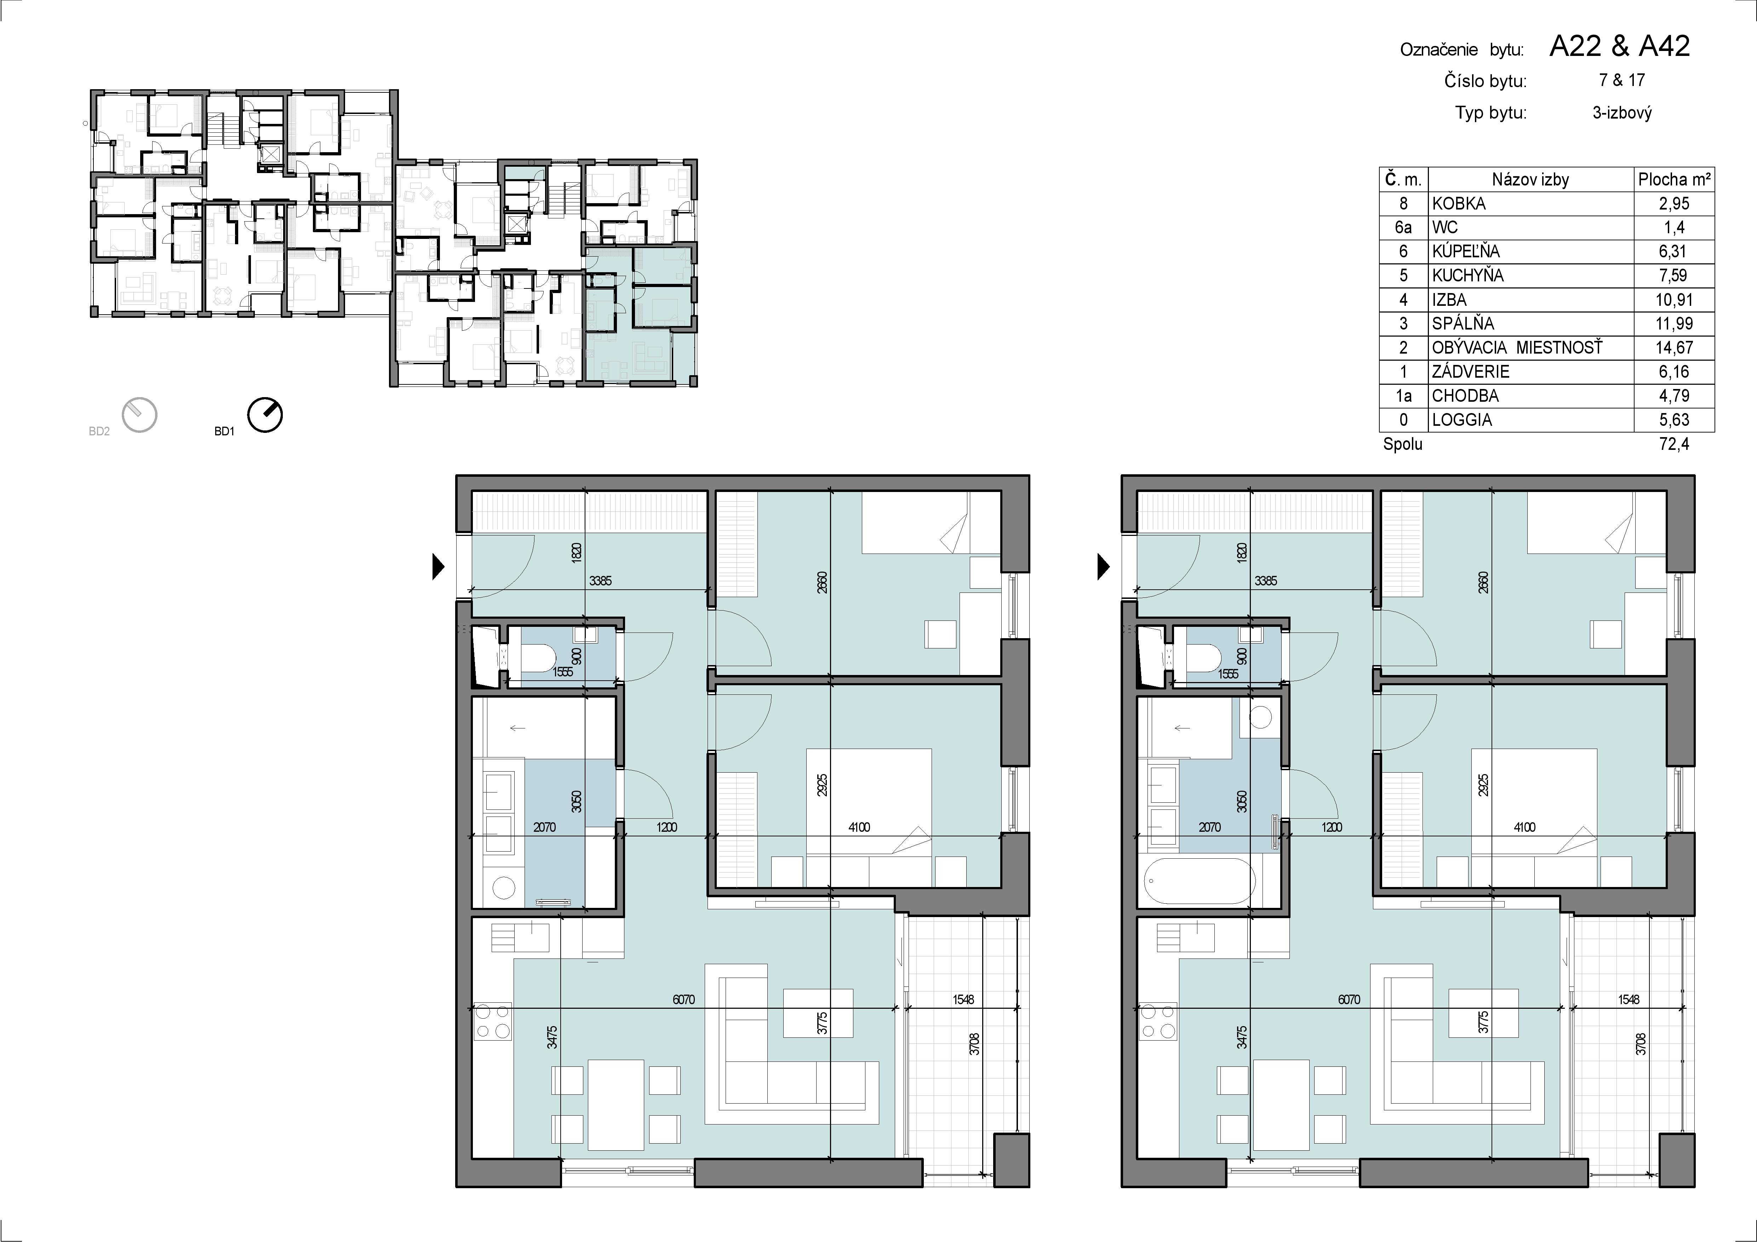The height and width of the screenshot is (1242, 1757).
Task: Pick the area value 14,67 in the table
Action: coord(1673,348)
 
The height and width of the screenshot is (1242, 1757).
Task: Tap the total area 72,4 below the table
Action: coord(1673,444)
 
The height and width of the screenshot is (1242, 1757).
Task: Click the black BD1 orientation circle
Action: coord(265,416)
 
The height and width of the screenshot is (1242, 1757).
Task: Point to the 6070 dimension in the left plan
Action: coord(683,1000)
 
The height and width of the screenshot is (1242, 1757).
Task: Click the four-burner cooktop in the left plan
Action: coord(493,1021)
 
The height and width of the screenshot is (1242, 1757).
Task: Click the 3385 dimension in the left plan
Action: coord(601,581)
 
